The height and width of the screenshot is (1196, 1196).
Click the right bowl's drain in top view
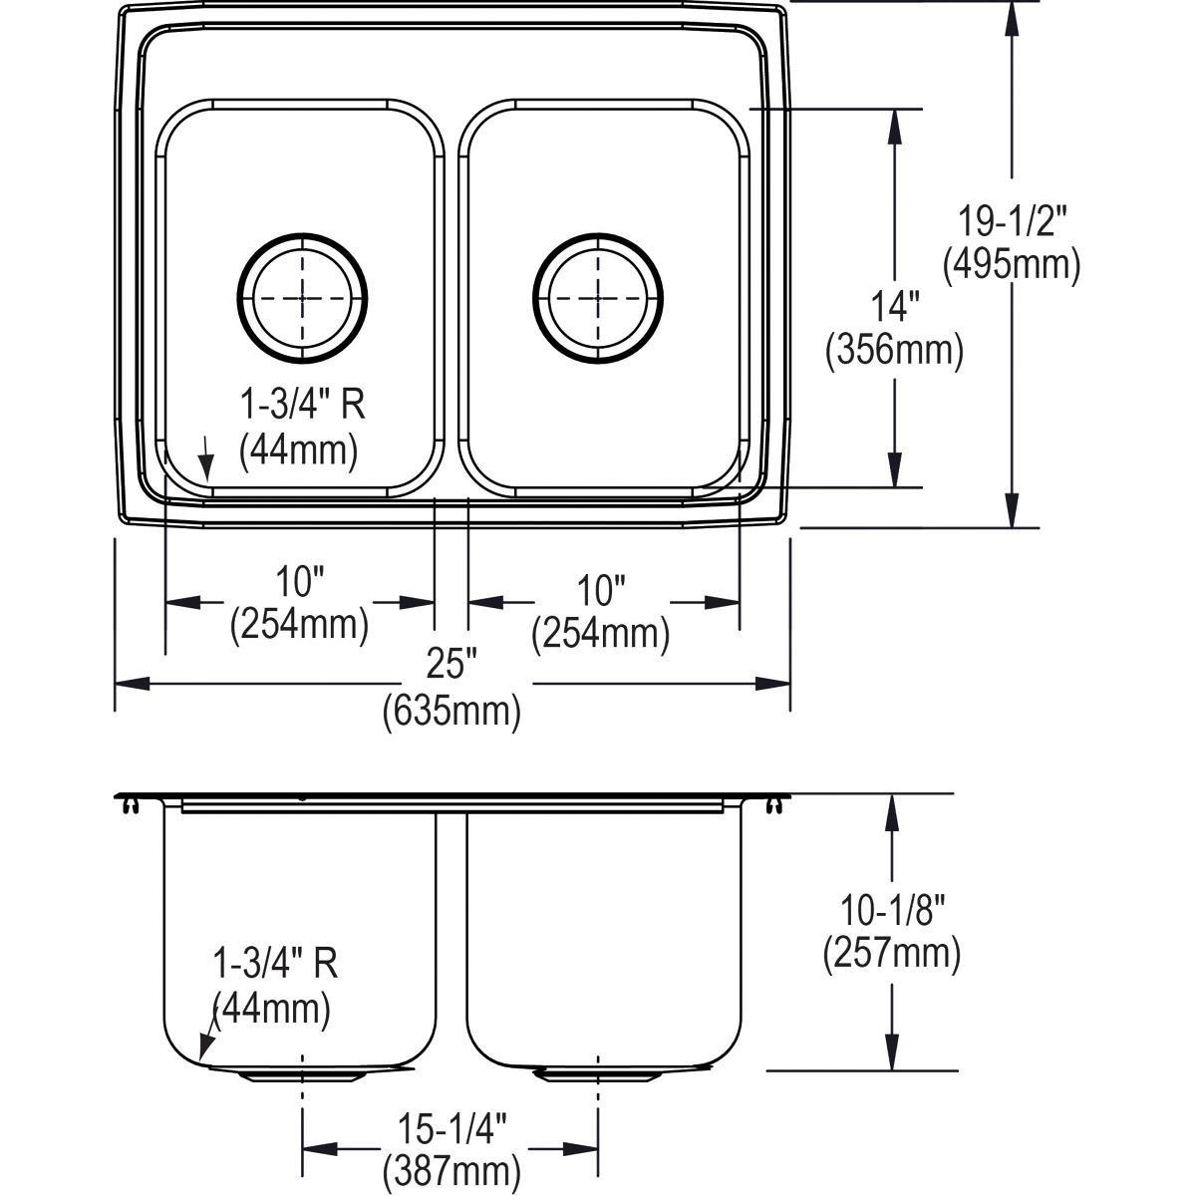597,297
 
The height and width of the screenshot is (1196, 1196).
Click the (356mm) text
894,351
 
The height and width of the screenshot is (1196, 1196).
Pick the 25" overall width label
451,664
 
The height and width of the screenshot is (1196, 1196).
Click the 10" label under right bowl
599,590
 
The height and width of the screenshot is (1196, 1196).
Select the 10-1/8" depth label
891,911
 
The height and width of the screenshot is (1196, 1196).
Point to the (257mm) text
891,954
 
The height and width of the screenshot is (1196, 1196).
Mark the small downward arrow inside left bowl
205,456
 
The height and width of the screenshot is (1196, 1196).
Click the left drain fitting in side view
302,1075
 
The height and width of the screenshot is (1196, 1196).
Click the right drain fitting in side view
597,1075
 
